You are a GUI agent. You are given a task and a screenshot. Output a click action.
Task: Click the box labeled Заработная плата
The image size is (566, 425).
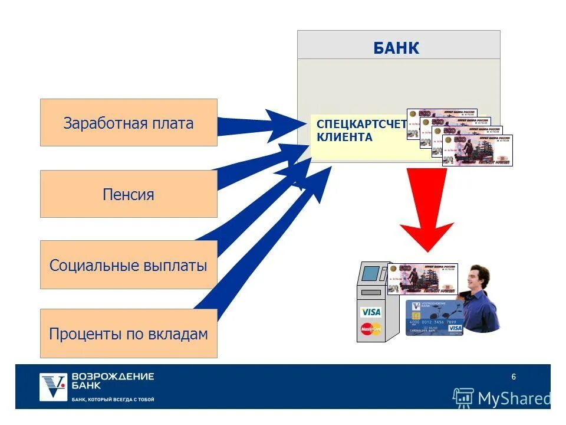129,123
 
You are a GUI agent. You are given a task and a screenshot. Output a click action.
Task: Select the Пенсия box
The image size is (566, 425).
129,194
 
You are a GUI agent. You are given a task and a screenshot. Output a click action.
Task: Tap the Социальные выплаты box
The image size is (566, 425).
129,265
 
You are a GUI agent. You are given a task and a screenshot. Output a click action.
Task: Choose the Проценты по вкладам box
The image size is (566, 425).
129,334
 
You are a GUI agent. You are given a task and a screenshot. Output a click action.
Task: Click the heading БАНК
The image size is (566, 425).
396,48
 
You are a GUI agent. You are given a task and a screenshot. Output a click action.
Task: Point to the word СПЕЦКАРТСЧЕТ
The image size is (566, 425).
361,124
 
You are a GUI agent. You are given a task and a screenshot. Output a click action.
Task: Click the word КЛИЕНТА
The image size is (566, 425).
345,138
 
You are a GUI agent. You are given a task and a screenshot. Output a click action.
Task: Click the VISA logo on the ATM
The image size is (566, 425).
371,312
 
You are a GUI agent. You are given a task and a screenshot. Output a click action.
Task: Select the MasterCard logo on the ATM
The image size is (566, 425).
371,329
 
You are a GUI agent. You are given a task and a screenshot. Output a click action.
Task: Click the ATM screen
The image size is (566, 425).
370,273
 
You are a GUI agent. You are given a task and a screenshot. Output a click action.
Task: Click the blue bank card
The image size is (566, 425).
435,318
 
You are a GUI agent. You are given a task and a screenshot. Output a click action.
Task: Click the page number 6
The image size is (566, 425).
514,377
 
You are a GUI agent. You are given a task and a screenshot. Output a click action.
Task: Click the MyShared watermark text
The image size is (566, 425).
513,398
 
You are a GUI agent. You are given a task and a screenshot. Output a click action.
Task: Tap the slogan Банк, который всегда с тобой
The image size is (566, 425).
113,400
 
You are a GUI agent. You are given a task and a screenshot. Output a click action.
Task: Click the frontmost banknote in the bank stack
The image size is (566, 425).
478,151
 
